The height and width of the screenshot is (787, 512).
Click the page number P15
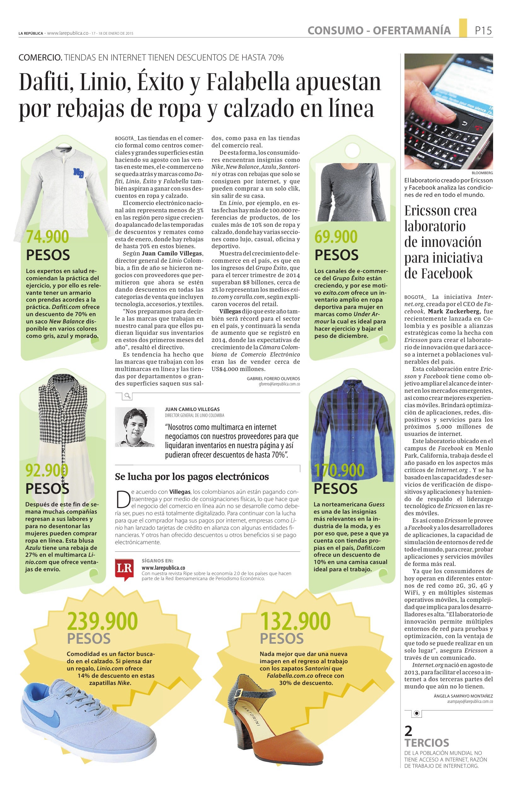click(x=483, y=31)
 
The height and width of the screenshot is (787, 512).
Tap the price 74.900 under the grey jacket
click(x=48, y=237)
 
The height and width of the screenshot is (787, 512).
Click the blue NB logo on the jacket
click(x=79, y=173)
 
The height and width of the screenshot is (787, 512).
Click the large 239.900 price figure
click(x=102, y=621)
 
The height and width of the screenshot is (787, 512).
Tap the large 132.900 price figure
click(x=295, y=621)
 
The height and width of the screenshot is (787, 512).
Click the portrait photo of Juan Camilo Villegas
click(x=135, y=426)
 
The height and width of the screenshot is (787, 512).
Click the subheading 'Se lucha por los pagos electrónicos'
click(x=192, y=476)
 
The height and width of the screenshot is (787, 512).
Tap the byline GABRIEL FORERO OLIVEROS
click(x=273, y=378)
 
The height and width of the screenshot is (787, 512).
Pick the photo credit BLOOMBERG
click(x=482, y=173)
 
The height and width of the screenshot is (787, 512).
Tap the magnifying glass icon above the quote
click(x=127, y=396)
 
